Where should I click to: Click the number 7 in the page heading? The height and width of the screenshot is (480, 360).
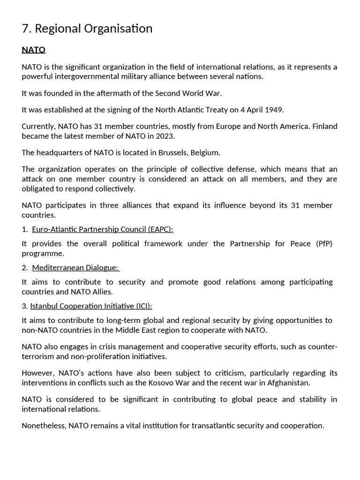coord(25,29)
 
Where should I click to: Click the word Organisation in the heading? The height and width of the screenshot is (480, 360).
coord(119,29)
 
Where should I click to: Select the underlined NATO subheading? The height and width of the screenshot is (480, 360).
coord(33,50)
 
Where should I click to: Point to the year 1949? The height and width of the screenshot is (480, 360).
coord(274,110)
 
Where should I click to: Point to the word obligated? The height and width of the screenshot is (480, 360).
coord(39,188)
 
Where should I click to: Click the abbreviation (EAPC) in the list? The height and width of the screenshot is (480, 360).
coord(160,229)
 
